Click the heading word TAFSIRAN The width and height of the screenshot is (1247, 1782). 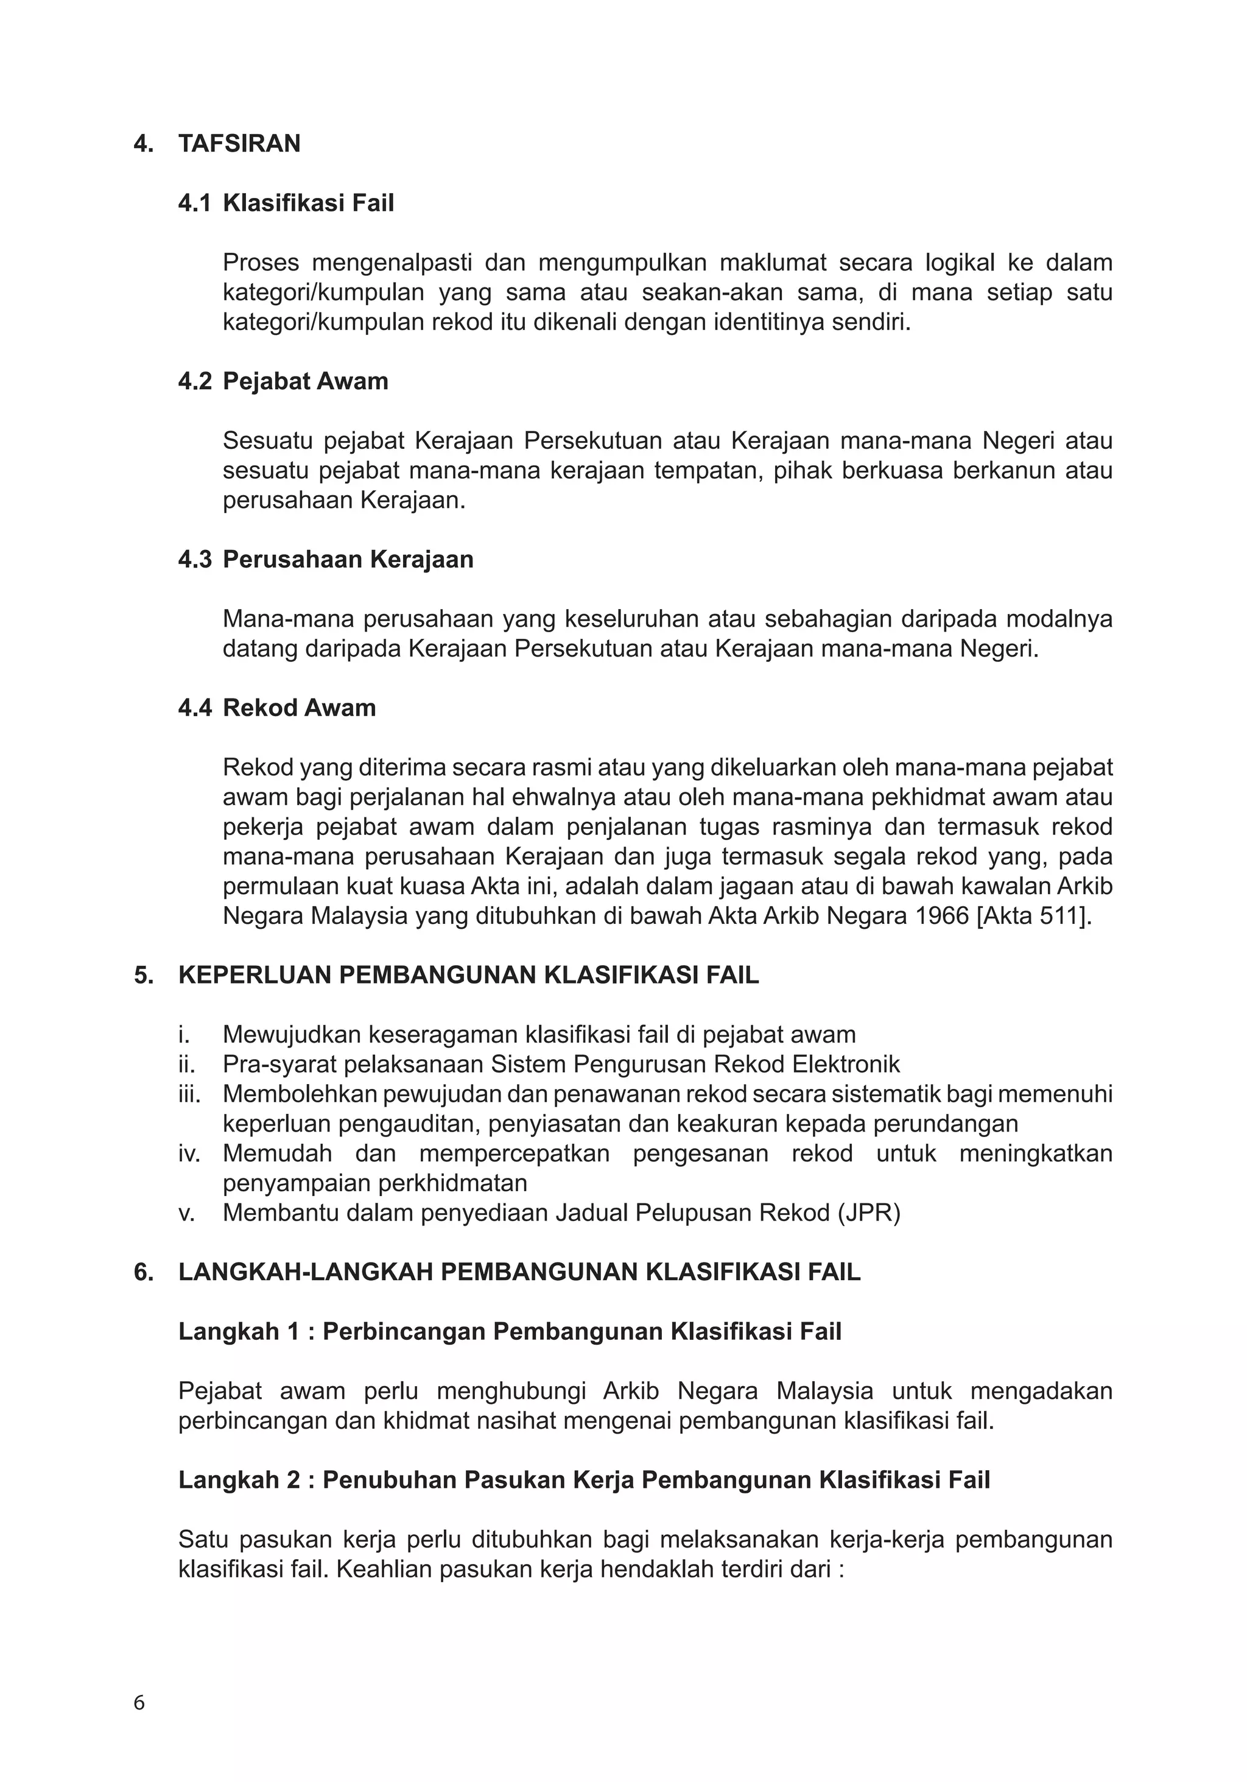coord(239,144)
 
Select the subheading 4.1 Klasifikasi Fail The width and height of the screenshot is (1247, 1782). coord(286,203)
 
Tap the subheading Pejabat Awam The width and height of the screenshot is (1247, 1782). coord(305,382)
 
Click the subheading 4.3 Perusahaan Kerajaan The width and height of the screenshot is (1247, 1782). coord(325,560)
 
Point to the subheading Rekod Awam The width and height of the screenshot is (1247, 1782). coord(299,708)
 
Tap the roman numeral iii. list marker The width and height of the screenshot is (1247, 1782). coord(189,1094)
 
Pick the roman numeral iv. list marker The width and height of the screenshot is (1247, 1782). coord(189,1153)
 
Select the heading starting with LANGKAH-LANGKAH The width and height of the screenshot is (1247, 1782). coord(519,1272)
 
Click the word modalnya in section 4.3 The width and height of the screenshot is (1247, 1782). coord(1059,619)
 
